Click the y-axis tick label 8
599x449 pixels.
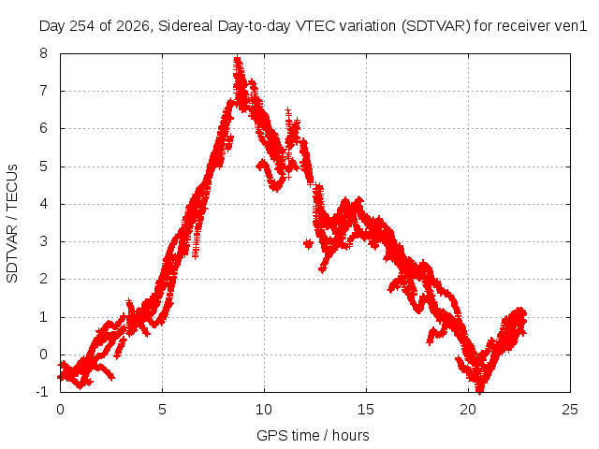coord(43,53)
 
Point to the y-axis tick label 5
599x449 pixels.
coord(43,167)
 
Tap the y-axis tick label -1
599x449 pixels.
coord(41,391)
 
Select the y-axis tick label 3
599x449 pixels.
coord(43,241)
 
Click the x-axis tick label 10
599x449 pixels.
coord(264,410)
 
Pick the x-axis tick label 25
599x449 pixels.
coord(570,410)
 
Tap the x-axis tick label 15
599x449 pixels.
coord(366,410)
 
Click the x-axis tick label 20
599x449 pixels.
coord(468,410)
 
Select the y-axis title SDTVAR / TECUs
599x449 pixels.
coord(12,224)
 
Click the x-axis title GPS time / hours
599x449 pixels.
coord(313,435)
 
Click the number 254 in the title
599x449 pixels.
coord(82,26)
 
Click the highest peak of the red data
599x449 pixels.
coord(238,58)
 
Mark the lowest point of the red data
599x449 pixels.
coord(480,391)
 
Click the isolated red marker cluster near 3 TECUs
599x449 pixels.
coord(308,243)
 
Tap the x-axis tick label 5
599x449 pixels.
coord(162,410)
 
